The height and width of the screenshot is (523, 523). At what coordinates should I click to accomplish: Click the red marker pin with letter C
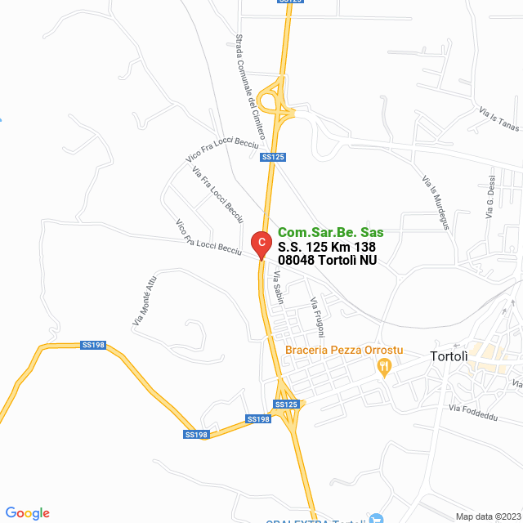click(x=260, y=244)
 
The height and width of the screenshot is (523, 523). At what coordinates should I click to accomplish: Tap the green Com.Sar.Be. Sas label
click(x=330, y=233)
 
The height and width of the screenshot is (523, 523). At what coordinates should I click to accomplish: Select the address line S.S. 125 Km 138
click(x=327, y=247)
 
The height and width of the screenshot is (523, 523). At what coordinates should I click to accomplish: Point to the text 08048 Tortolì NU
click(x=327, y=261)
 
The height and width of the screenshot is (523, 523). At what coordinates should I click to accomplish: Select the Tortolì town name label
click(x=449, y=356)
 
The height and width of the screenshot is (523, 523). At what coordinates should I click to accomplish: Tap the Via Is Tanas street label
click(x=498, y=119)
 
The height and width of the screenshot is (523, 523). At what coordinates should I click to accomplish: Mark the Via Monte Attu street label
click(x=144, y=302)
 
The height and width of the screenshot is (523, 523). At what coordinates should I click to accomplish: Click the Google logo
click(x=27, y=513)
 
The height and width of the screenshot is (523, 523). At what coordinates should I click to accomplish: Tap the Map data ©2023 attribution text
click(x=486, y=516)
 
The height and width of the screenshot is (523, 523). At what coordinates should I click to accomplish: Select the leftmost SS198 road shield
click(x=93, y=346)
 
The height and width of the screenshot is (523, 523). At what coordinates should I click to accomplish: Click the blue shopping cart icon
click(x=375, y=518)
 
